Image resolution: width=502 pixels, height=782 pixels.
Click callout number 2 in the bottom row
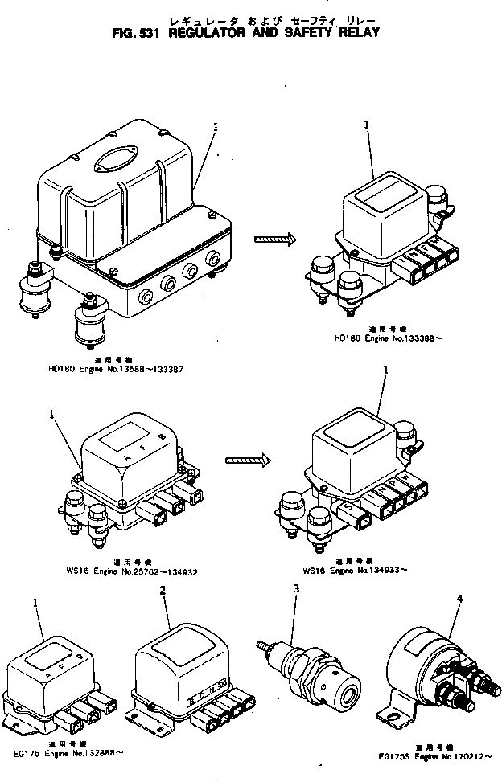pos(163,591)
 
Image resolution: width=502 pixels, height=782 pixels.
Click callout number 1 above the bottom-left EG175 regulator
pos(35,602)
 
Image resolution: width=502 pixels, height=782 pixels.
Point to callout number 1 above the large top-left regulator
pos(216,126)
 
